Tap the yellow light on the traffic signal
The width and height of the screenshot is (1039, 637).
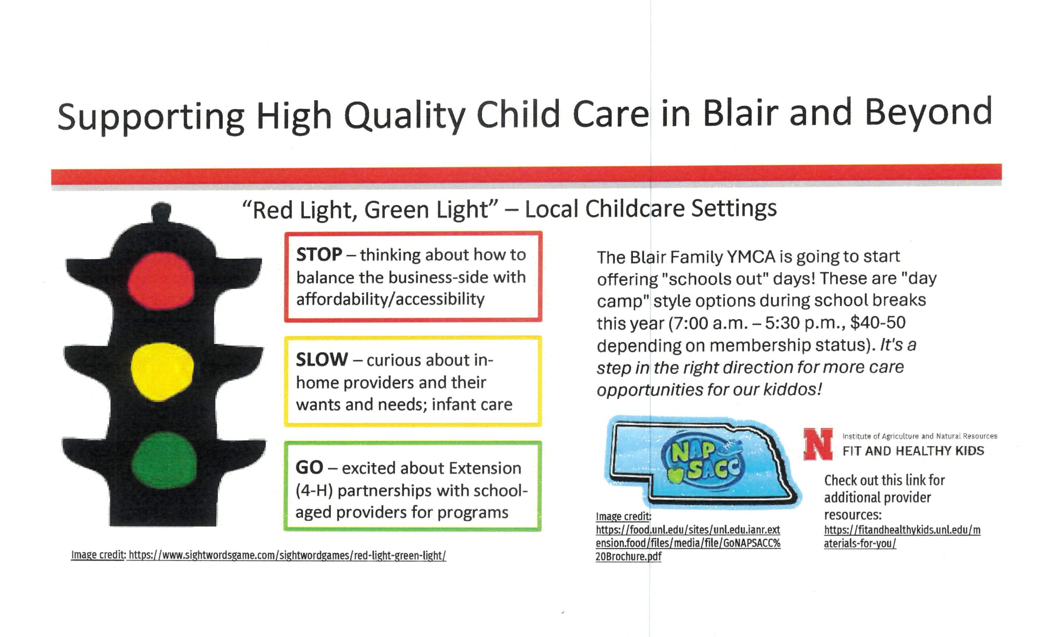[162, 371]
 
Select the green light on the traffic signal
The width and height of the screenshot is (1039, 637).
[164, 460]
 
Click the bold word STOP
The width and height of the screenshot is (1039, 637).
[319, 255]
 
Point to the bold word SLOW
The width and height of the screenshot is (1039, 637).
[322, 359]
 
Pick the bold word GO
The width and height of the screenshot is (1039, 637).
[310, 467]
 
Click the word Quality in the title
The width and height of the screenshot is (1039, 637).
[405, 116]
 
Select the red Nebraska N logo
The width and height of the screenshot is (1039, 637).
[818, 444]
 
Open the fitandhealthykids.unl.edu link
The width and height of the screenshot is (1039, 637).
[902, 537]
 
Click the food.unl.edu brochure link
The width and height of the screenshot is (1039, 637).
[688, 543]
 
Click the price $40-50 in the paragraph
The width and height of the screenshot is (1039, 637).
[878, 323]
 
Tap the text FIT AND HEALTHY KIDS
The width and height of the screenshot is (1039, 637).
[913, 451]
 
